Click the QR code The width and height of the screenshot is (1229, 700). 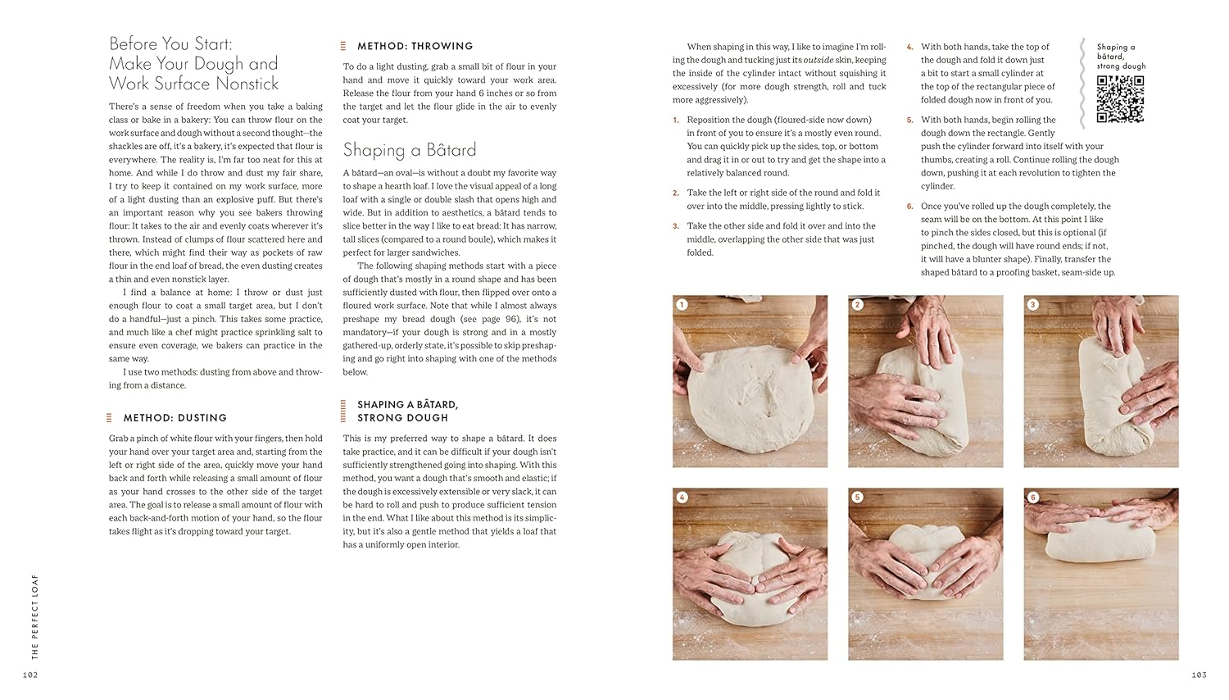(x=1120, y=99)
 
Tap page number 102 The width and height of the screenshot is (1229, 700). (x=30, y=675)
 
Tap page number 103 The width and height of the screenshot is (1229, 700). (x=1199, y=675)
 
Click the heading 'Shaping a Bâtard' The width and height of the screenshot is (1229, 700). (x=409, y=150)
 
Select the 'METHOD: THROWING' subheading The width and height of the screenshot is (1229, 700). (x=415, y=47)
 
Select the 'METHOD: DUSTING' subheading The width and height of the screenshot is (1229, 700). (x=175, y=418)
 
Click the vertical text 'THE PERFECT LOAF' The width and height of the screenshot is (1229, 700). (x=35, y=616)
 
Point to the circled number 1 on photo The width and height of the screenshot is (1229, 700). (x=682, y=305)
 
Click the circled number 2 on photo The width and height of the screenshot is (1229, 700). (x=858, y=305)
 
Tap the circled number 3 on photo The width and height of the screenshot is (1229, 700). (x=1033, y=305)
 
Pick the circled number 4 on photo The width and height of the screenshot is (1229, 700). (x=682, y=498)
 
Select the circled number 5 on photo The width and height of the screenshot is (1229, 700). (x=858, y=498)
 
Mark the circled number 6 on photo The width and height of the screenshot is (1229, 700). (x=1033, y=498)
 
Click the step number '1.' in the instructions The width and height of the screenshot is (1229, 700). (x=676, y=120)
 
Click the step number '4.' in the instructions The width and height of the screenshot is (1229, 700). (x=909, y=48)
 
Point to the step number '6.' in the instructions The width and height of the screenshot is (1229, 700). (x=909, y=207)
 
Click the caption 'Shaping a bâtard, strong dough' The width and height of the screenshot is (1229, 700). (x=1121, y=57)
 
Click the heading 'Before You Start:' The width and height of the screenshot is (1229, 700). (x=170, y=44)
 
